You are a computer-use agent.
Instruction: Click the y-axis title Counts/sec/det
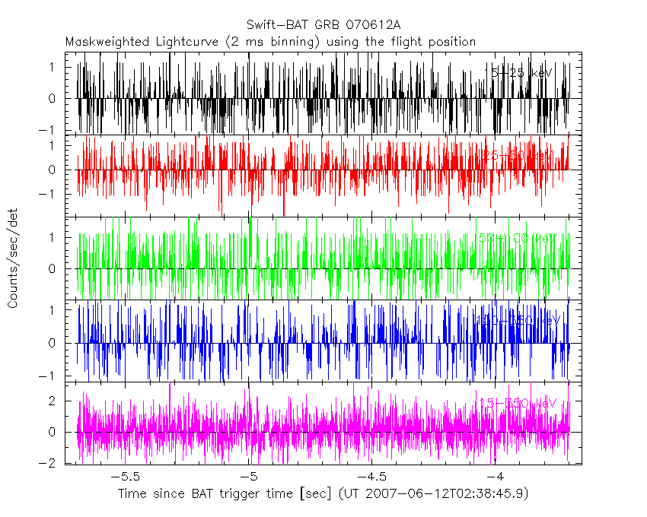[x=13, y=261]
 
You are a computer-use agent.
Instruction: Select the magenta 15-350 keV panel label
[x=519, y=403]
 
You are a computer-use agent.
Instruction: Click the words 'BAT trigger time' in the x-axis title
[x=240, y=494]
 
